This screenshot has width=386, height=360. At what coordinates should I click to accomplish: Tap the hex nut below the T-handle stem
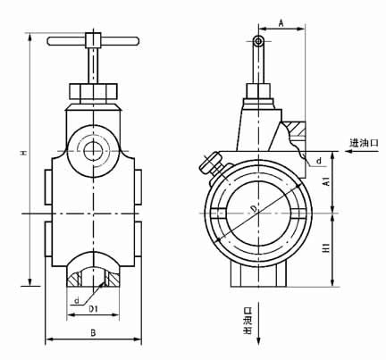pyautogui.click(x=92, y=92)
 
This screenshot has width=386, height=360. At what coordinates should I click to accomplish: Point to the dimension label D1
pyautogui.click(x=92, y=308)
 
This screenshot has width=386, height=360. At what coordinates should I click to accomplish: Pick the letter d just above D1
pyautogui.click(x=78, y=299)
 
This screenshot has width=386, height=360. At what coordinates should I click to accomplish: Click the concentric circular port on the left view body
pyautogui.click(x=92, y=148)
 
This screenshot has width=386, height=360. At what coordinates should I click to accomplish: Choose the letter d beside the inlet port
pyautogui.click(x=318, y=160)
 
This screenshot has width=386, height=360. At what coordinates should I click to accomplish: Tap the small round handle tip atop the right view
pyautogui.click(x=258, y=41)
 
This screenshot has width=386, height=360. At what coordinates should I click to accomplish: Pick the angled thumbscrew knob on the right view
pyautogui.click(x=211, y=163)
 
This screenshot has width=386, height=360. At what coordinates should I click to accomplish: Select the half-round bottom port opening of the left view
pyautogui.click(x=92, y=272)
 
